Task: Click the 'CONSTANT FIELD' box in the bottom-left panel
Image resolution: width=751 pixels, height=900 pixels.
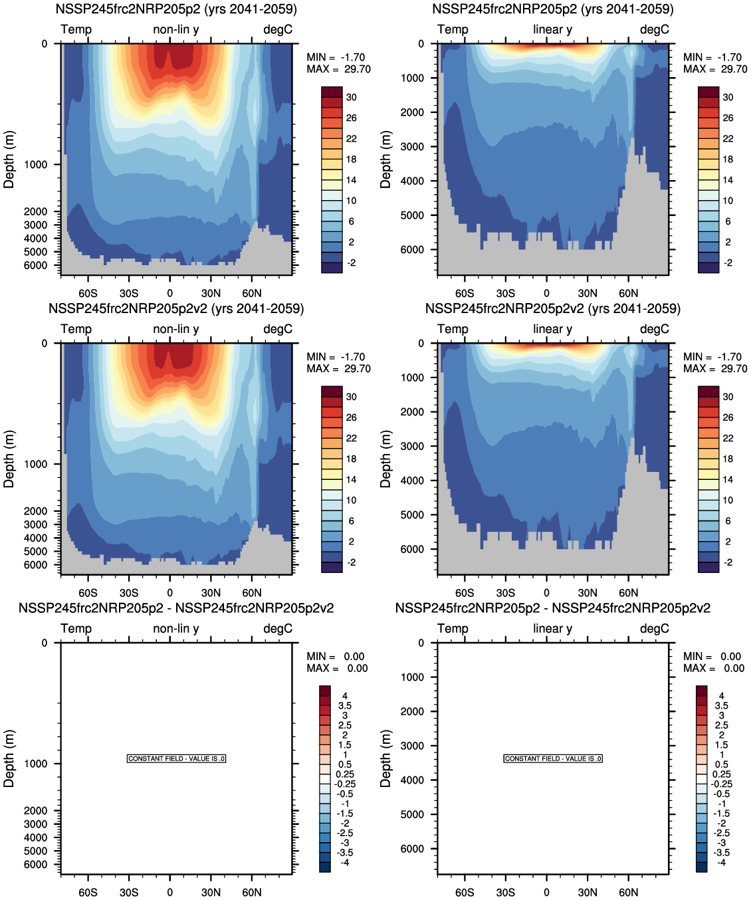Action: tap(176, 758)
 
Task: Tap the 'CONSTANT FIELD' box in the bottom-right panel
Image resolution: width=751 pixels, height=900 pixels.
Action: tap(553, 758)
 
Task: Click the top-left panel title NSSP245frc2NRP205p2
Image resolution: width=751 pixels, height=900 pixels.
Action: tap(176, 9)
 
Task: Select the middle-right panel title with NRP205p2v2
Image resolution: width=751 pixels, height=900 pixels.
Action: tap(553, 309)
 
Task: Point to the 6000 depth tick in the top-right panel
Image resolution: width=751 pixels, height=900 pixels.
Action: tap(412, 250)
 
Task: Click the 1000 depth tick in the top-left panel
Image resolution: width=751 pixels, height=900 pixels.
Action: tap(36, 165)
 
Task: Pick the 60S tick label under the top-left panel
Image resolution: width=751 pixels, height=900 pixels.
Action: tap(88, 293)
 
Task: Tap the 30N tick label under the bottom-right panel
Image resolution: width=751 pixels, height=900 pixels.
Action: tap(588, 892)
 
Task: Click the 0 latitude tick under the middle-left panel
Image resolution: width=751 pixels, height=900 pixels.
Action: tap(170, 593)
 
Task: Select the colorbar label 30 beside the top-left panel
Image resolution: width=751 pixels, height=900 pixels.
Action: tap(351, 97)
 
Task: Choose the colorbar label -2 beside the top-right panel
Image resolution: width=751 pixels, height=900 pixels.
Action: tap(728, 263)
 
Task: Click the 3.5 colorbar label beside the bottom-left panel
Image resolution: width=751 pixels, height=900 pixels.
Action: tap(345, 706)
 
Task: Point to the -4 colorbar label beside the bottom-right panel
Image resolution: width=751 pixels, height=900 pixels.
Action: tap(721, 862)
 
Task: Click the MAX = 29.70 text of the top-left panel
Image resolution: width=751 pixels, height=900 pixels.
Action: tap(338, 69)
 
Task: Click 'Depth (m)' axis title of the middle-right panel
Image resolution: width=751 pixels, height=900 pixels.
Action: tap(385, 459)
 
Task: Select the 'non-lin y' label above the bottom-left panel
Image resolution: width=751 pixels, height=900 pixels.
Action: tap(176, 629)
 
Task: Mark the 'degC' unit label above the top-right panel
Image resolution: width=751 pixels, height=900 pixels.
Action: tap(655, 30)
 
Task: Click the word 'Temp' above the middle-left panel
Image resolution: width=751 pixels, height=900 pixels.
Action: tap(76, 330)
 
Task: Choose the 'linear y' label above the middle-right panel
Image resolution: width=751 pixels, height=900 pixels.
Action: tap(552, 330)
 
